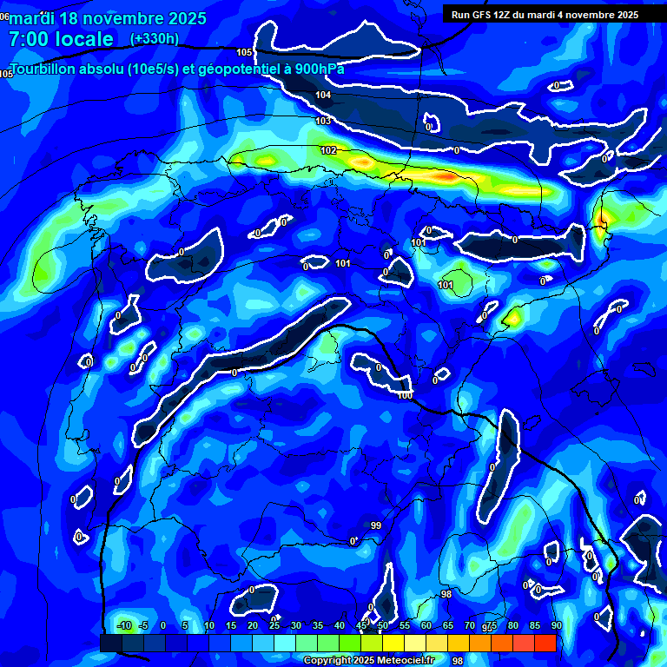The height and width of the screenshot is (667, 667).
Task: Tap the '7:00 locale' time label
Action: click(x=61, y=39)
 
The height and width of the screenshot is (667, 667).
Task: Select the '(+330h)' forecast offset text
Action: click(x=154, y=39)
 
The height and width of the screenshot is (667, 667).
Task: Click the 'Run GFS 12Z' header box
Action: click(x=545, y=15)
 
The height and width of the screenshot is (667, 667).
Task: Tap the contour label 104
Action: click(x=323, y=95)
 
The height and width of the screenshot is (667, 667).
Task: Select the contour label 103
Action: click(x=323, y=121)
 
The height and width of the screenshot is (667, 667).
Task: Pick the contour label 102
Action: click(x=328, y=150)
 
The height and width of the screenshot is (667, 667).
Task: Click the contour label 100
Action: click(x=405, y=396)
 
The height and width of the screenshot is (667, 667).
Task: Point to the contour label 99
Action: click(x=376, y=525)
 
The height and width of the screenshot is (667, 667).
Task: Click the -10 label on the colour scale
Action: click(x=123, y=626)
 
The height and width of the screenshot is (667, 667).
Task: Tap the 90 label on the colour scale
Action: click(x=556, y=626)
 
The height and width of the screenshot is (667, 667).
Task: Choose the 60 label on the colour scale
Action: click(x=426, y=626)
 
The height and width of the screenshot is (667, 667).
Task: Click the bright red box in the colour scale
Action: click(x=545, y=643)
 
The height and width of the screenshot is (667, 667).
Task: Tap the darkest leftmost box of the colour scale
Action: click(x=110, y=643)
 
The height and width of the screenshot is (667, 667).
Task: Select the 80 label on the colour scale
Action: click(x=512, y=626)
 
